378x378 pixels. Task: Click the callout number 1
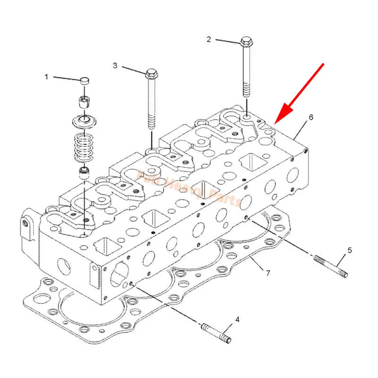click(46, 77)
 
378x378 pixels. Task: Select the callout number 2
click(208, 39)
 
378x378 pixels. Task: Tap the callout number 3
click(115, 66)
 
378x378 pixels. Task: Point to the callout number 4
click(237, 320)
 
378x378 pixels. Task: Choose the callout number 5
click(350, 250)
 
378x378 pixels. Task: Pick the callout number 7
click(268, 273)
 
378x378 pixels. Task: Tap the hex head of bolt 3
click(150, 73)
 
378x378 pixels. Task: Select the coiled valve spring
click(85, 145)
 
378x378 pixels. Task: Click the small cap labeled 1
click(84, 81)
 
